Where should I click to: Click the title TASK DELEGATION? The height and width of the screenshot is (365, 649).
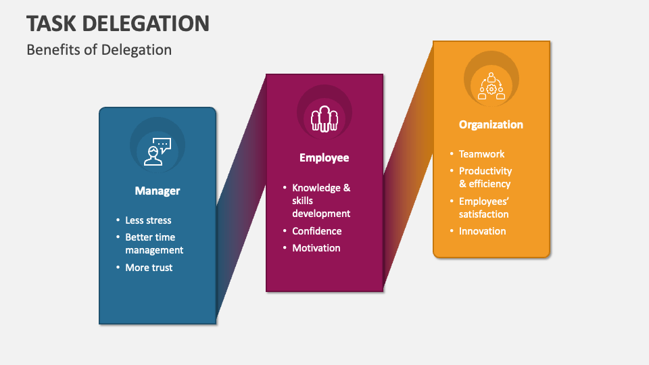(x=118, y=23)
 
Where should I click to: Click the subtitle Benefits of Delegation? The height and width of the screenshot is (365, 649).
(x=99, y=49)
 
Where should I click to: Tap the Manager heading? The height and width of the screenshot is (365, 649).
(x=158, y=191)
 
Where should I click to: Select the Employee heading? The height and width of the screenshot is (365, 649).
(x=324, y=157)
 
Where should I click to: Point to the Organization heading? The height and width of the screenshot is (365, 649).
(x=491, y=124)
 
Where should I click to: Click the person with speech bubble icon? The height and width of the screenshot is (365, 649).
(x=158, y=151)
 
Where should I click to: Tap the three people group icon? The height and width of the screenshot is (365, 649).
(x=324, y=119)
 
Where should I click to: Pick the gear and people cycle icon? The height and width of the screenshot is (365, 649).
(x=491, y=86)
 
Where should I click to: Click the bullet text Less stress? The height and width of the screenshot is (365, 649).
(x=148, y=220)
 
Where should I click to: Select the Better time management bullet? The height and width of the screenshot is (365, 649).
(x=154, y=243)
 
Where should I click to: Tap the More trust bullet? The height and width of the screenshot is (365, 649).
(x=149, y=268)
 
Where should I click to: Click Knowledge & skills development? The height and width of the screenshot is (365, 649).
(x=321, y=200)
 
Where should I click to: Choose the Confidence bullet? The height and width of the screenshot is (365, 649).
(x=316, y=231)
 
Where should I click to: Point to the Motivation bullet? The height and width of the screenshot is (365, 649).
(x=316, y=248)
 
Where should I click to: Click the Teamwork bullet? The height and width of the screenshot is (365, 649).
(x=481, y=154)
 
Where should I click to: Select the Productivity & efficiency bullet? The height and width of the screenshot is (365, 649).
(x=485, y=177)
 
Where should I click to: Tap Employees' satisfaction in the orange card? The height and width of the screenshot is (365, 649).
(x=483, y=208)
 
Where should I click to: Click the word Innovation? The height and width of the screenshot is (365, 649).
(x=482, y=231)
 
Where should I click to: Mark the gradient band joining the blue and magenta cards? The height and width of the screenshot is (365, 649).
(x=241, y=199)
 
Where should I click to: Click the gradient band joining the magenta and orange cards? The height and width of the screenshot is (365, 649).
(x=408, y=166)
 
